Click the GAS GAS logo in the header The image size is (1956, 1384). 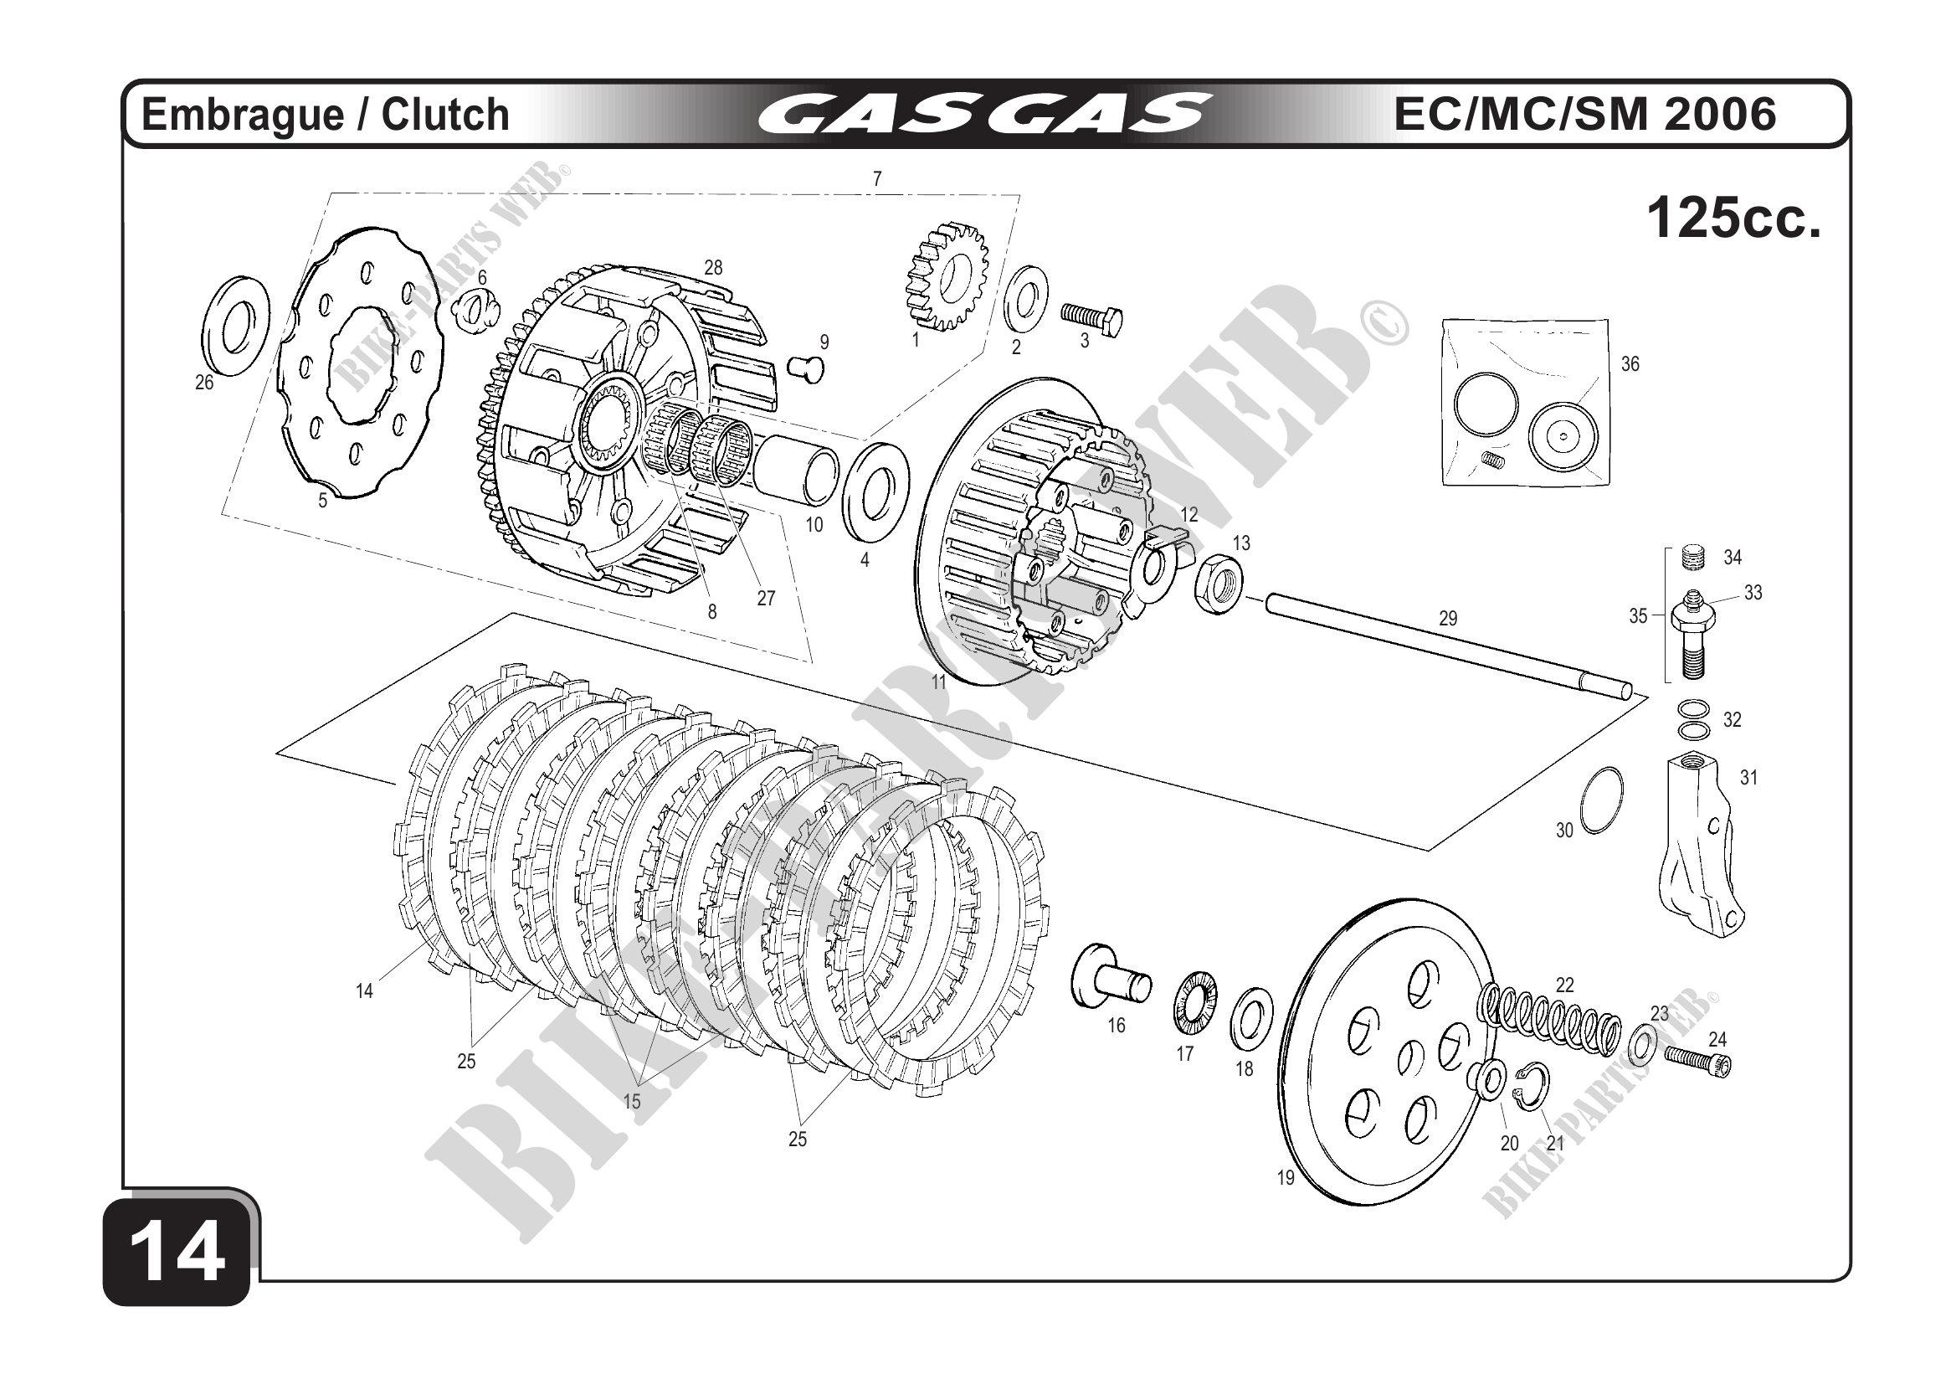pos(984,114)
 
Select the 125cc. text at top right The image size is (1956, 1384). pos(1733,219)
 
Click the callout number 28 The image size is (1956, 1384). pos(713,268)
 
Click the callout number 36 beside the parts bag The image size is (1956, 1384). pos(1630,364)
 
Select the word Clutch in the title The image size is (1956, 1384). pos(444,115)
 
